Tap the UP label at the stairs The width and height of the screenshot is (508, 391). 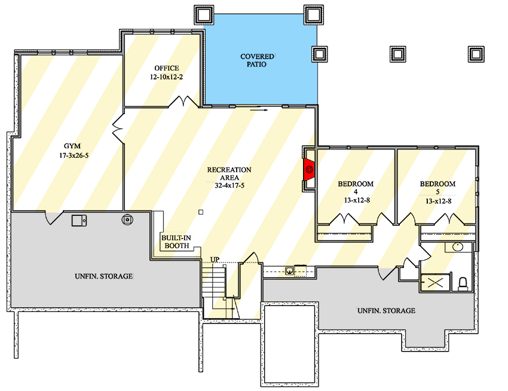coord(214,259)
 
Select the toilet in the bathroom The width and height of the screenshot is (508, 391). coord(463,283)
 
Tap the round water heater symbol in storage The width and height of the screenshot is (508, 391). coord(127,219)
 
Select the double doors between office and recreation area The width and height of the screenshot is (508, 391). coord(183,103)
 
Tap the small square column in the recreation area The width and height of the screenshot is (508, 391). coord(201,212)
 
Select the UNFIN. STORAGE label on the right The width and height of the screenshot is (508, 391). coord(386,311)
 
